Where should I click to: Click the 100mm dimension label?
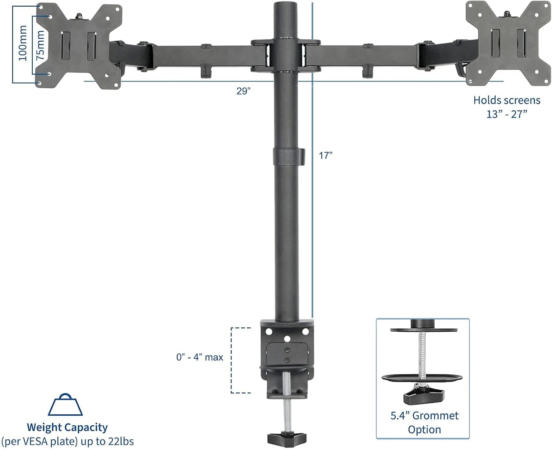(23, 43)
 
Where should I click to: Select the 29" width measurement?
(243, 91)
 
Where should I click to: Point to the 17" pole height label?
(326, 156)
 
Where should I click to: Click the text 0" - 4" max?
(199, 357)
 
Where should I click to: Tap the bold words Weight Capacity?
(67, 427)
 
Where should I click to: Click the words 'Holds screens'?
(507, 100)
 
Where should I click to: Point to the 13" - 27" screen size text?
(507, 114)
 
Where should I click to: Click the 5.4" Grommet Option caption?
(424, 422)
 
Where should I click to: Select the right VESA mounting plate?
(508, 43)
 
